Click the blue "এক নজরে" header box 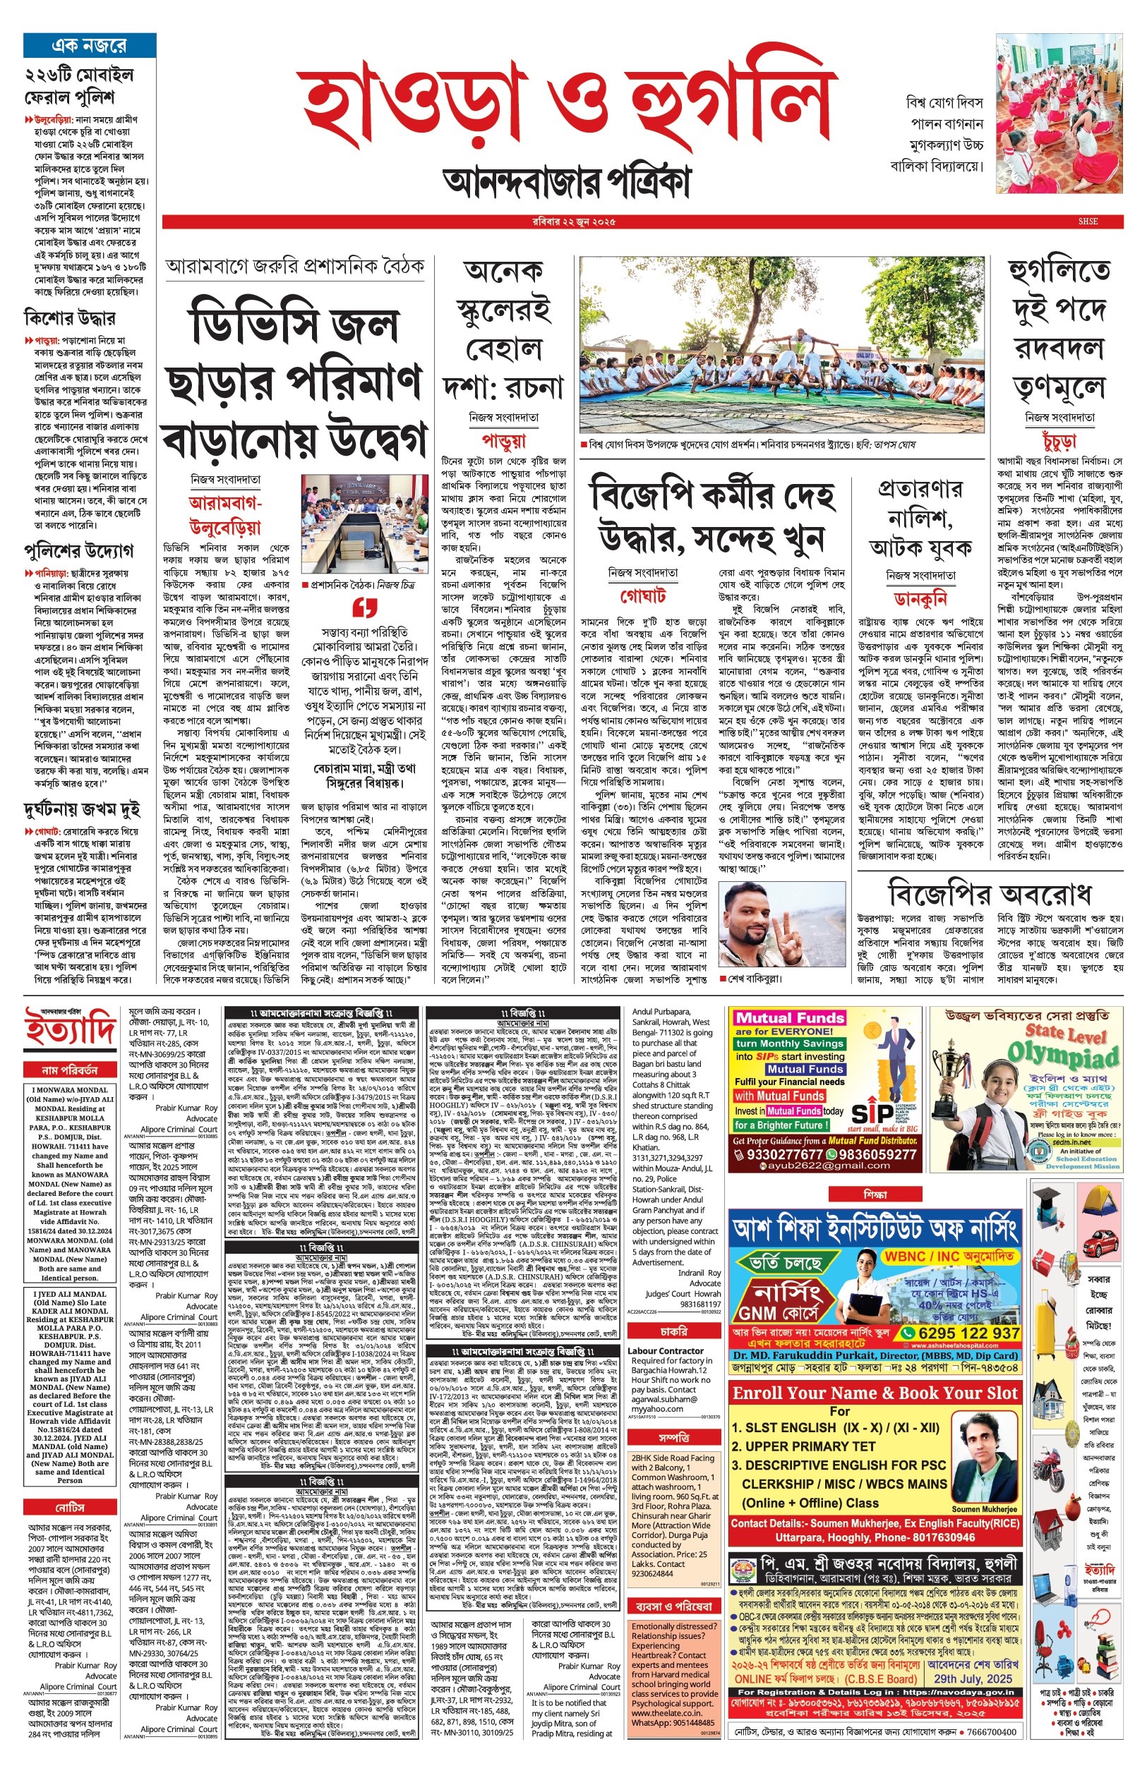pos(90,45)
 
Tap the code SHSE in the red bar pos(1088,221)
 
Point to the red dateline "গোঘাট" pos(643,596)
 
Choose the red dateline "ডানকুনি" pos(920,598)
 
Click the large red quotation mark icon pos(364,607)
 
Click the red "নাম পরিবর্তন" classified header pos(70,1070)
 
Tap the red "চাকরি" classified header pos(673,1330)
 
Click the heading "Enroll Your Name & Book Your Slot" pos(875,1393)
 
